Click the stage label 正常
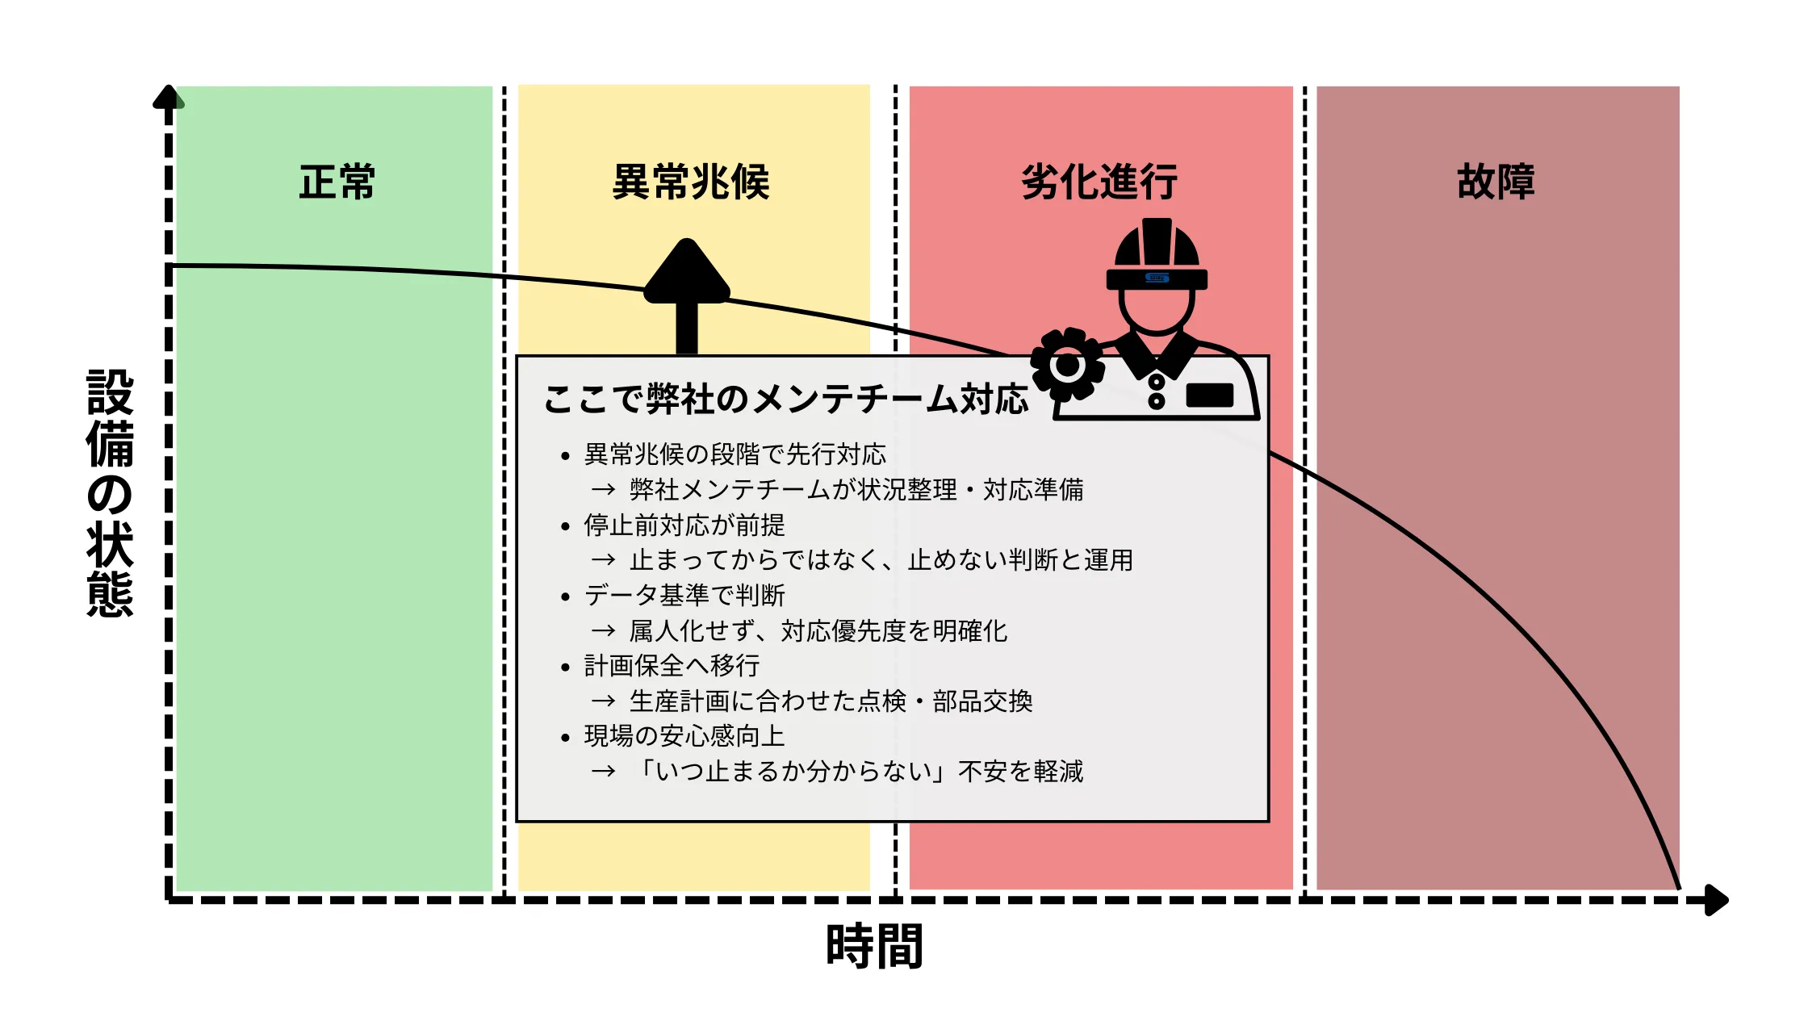(x=337, y=182)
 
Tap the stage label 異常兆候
(x=691, y=182)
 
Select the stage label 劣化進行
(x=1099, y=182)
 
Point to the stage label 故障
(x=1496, y=182)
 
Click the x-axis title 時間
(x=874, y=946)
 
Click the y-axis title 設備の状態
(x=110, y=492)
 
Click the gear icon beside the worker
(x=1067, y=365)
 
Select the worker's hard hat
(x=1157, y=254)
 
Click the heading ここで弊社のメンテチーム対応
(x=786, y=399)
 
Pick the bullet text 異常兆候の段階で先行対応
(x=734, y=454)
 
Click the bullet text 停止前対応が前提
(x=684, y=525)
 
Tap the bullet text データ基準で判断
(x=684, y=596)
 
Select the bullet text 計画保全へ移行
(x=672, y=666)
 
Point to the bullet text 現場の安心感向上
(x=684, y=736)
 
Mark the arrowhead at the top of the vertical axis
(x=169, y=97)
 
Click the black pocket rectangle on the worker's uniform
(x=1209, y=395)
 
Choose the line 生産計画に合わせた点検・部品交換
(x=831, y=701)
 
